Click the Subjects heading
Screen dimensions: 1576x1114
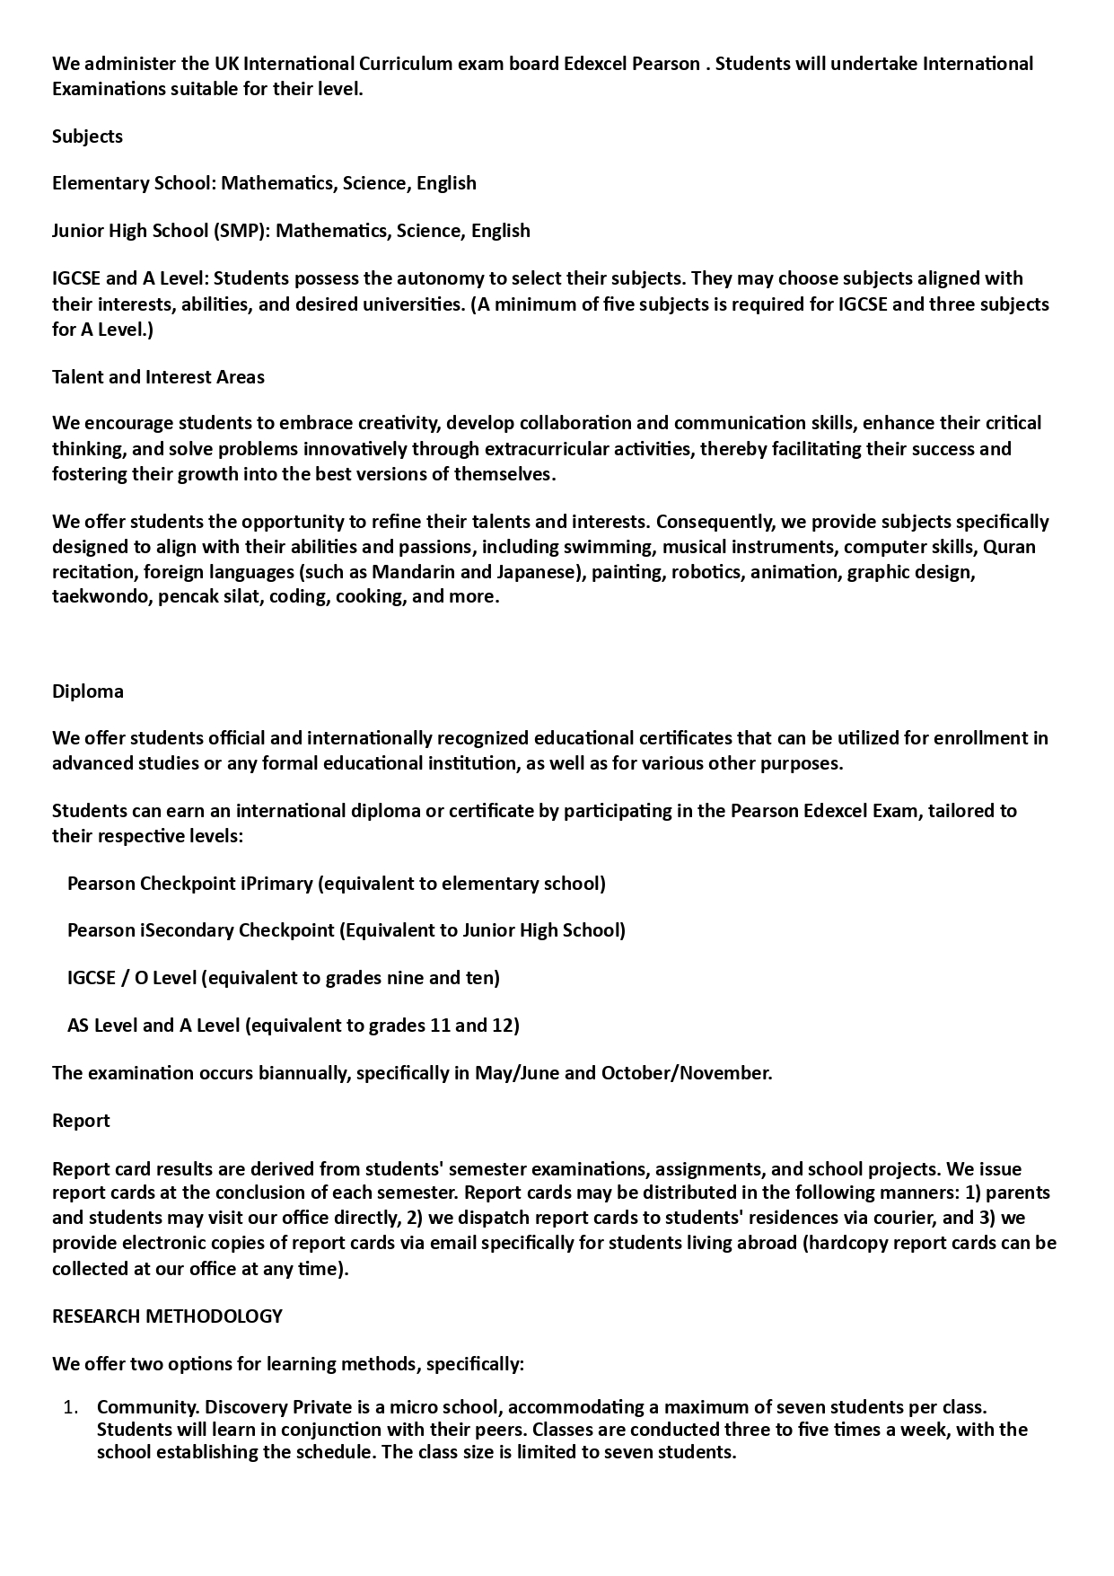[x=87, y=136]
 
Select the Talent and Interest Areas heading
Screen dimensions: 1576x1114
[x=158, y=377]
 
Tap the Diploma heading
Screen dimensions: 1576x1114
[x=88, y=691]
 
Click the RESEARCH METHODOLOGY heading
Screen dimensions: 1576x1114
[x=167, y=1316]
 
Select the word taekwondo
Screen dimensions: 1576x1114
[x=101, y=597]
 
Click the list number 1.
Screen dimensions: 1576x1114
[x=71, y=1407]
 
